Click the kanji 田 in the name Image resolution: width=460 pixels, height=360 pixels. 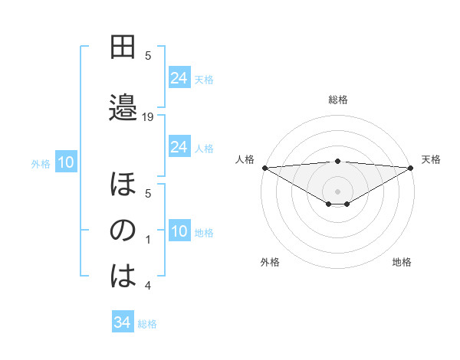click(x=123, y=47)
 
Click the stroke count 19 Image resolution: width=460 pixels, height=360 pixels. click(x=149, y=116)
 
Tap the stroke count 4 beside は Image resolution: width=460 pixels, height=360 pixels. click(x=149, y=286)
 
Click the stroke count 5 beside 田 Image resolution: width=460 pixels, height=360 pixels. click(x=149, y=55)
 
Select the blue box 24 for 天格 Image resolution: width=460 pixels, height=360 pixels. click(x=179, y=77)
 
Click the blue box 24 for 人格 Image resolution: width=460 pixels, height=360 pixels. click(x=179, y=146)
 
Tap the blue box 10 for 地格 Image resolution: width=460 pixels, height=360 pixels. click(x=179, y=232)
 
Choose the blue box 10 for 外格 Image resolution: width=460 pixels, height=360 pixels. click(x=66, y=162)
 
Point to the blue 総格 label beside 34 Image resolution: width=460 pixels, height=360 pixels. click(x=147, y=324)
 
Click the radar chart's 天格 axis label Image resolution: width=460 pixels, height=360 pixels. click(x=431, y=159)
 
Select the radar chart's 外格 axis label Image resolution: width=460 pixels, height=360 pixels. click(x=270, y=262)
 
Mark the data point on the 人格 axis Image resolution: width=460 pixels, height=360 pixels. click(x=264, y=167)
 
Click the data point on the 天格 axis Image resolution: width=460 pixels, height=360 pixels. click(x=411, y=167)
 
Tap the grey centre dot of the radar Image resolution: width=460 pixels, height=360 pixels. click(x=337, y=191)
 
